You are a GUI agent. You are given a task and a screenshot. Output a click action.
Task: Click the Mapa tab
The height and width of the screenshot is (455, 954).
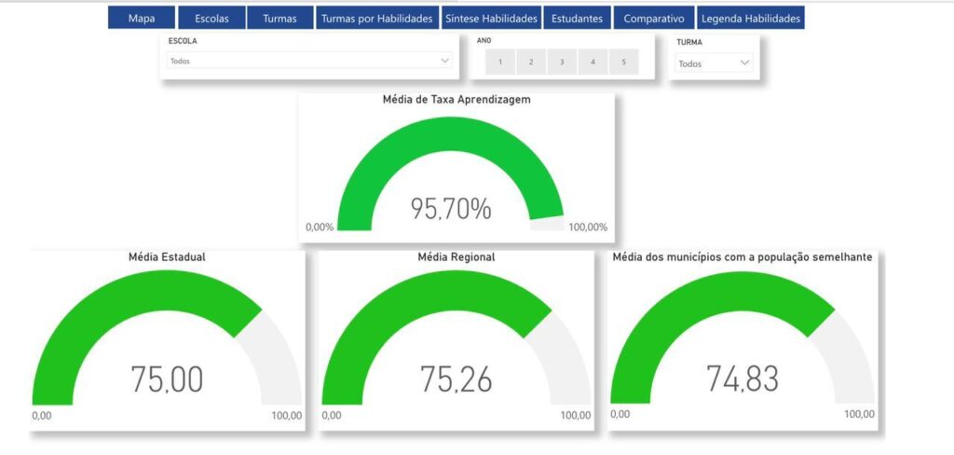pos(142,18)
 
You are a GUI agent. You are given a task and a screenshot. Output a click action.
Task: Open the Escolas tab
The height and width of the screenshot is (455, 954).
pos(211,18)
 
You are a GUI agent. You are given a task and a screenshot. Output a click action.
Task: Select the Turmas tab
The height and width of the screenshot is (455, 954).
pos(279,18)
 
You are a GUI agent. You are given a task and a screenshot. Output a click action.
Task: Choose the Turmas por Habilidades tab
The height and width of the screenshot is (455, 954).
pos(376,18)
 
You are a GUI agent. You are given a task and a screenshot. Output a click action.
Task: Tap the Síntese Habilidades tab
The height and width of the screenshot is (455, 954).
pos(492,18)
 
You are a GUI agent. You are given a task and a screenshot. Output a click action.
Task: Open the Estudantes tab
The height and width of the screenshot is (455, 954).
pos(577,18)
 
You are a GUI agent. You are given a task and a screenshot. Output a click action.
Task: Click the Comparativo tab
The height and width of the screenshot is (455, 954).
pos(654,18)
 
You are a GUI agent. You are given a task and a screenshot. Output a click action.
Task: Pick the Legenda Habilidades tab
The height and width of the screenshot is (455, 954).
pos(751,18)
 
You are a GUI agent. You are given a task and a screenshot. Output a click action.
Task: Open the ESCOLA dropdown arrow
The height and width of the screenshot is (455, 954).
pos(444,61)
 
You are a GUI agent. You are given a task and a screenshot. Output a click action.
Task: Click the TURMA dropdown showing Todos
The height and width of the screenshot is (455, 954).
pos(714,63)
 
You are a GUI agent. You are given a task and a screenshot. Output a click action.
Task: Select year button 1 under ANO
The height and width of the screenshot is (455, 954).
pos(500,62)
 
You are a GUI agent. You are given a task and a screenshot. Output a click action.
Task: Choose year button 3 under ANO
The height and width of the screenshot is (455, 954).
pos(562,62)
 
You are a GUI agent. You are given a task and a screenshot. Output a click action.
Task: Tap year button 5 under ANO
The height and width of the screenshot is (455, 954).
pos(623,62)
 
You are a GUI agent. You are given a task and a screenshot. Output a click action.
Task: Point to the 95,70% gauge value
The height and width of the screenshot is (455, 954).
pos(451,209)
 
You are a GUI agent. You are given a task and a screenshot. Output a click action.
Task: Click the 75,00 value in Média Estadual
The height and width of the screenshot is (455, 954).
pos(167,379)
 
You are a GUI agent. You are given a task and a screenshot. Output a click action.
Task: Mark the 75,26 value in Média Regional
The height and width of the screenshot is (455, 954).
pos(457,379)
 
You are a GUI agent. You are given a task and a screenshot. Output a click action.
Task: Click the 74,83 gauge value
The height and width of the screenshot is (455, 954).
pos(743,379)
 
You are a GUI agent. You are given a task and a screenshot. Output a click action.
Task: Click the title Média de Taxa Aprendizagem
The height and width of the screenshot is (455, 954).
pos(457,100)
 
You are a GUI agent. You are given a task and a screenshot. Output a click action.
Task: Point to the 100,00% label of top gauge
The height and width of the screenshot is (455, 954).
pos(588,227)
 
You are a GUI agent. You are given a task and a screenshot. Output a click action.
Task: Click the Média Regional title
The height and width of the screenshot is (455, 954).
pos(457,256)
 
